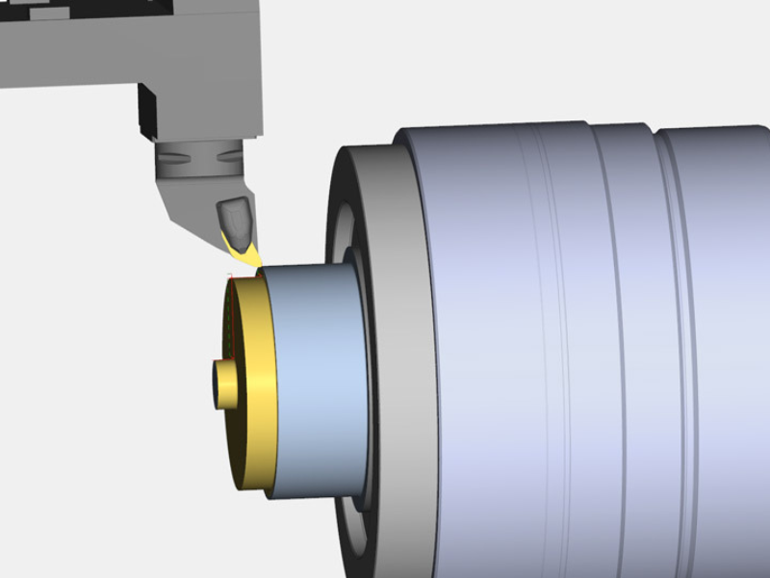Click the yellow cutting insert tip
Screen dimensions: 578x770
coord(252,258)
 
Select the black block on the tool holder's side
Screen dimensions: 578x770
coord(148,112)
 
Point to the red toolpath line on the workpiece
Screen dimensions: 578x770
coord(231,318)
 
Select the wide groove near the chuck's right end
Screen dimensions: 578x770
coord(654,289)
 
